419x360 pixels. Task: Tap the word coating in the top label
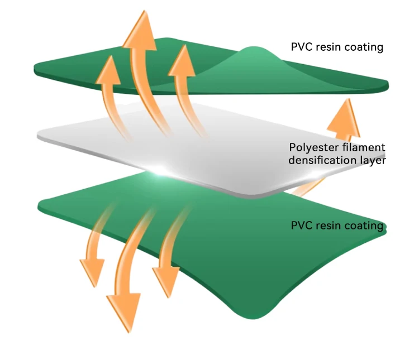pos(363,47)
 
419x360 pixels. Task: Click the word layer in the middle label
pos(373,160)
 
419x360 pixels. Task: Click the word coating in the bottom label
pos(363,226)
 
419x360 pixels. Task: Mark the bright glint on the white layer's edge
pos(161,169)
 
